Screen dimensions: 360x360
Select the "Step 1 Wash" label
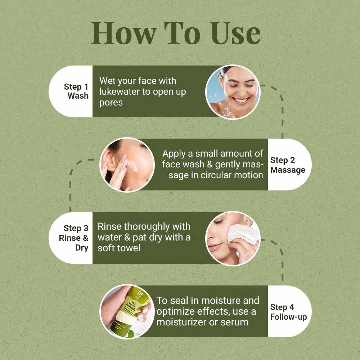point(76,91)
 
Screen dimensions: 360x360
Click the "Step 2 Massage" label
point(287,165)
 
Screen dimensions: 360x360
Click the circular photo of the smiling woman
point(233,92)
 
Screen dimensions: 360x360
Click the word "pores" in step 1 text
point(111,103)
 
